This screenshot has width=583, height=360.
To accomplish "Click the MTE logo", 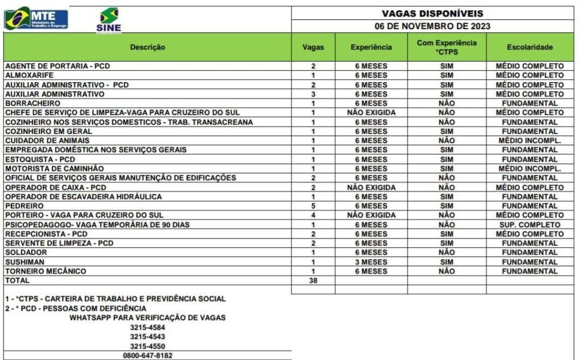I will pyautogui.click(x=36, y=18).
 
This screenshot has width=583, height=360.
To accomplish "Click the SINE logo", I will pyautogui.click(x=108, y=21).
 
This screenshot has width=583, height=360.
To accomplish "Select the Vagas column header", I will pyautogui.click(x=313, y=47).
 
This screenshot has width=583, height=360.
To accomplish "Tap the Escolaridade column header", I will pyautogui.click(x=529, y=47).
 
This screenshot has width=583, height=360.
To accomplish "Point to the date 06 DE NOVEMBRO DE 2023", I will pyautogui.click(x=432, y=26).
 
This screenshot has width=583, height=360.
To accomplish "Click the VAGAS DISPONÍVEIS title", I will pyautogui.click(x=432, y=13).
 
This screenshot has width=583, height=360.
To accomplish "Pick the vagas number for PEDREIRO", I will pyautogui.click(x=313, y=206).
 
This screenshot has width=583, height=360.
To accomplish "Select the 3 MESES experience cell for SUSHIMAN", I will pyautogui.click(x=371, y=262).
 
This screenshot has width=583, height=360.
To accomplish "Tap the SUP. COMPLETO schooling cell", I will pyautogui.click(x=529, y=224).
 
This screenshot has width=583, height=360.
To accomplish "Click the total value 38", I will pyautogui.click(x=313, y=280).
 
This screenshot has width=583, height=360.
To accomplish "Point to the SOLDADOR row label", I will pyautogui.click(x=26, y=252).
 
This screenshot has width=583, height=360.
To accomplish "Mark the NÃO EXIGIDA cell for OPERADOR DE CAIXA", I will pyautogui.click(x=371, y=187).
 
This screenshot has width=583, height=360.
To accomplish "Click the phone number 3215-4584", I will pyautogui.click(x=147, y=327).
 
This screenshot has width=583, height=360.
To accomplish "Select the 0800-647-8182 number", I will pyautogui.click(x=147, y=355).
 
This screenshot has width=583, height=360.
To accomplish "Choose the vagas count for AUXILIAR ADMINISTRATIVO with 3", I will pyautogui.click(x=313, y=94).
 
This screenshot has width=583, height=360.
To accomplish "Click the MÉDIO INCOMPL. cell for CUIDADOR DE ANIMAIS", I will pyautogui.click(x=529, y=141).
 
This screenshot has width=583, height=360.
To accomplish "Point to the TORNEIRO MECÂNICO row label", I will pyautogui.click(x=46, y=271).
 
